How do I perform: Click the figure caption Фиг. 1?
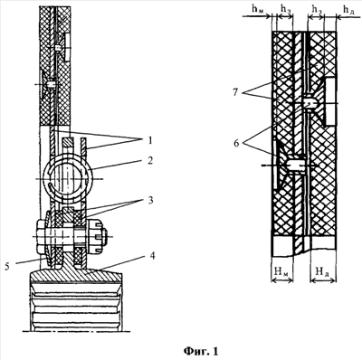tap(201, 351)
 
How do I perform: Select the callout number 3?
tap(149, 201)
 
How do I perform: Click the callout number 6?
tap(236, 143)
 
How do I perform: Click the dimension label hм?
tap(257, 9)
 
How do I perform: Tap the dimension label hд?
tap(348, 10)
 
